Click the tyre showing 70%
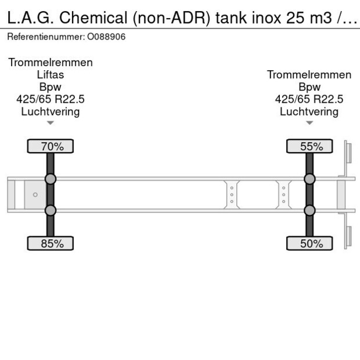coord(51,146)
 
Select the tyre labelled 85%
coord(51,243)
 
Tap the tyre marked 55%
coord(309,146)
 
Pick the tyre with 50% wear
coord(309,243)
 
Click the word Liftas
coord(51,75)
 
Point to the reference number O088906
coord(106,37)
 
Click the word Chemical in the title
coord(93,18)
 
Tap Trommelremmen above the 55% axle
coord(309,75)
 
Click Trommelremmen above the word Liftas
coord(51,63)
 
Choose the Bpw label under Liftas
coord(51,87)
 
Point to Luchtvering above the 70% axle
coord(51,112)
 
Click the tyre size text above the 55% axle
coord(309,99)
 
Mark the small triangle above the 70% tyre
coord(51,123)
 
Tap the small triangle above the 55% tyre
coord(309,123)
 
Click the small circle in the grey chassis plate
coord(35,195)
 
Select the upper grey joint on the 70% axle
coord(51,179)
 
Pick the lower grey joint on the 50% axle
coord(309,210)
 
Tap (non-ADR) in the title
coord(171,19)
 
